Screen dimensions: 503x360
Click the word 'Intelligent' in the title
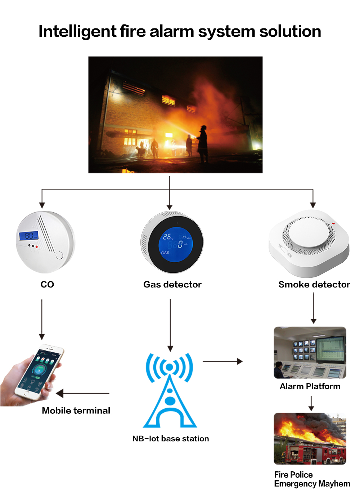(77, 32)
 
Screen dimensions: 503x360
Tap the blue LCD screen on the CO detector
(28, 236)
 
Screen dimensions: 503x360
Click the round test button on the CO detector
(59, 256)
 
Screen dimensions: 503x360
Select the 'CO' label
(47, 285)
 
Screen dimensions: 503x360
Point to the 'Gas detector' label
(172, 285)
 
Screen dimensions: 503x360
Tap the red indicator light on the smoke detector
(333, 223)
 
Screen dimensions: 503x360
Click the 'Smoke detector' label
(314, 285)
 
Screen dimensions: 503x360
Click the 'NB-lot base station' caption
(170, 439)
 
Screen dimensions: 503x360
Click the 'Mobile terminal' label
(76, 411)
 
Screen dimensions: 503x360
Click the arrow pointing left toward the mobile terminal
(83, 393)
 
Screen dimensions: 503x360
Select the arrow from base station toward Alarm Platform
(222, 361)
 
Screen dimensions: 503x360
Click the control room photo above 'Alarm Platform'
(310, 353)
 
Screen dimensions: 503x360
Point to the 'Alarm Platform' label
(310, 386)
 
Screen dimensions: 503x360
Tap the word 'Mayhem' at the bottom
(334, 484)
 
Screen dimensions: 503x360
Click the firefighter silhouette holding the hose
(203, 144)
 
